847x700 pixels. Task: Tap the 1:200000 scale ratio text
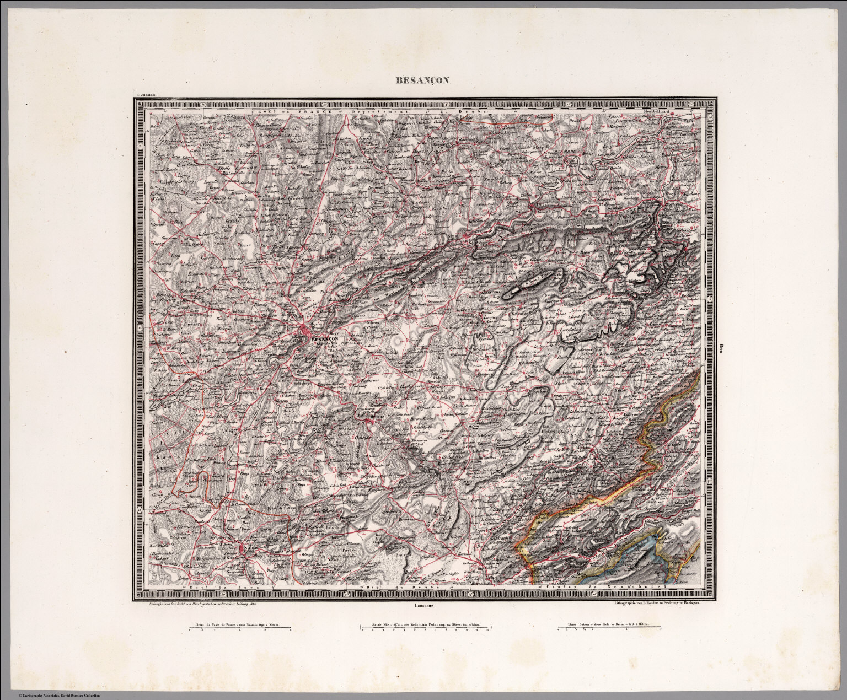click(145, 95)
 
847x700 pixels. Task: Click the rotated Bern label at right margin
click(721, 348)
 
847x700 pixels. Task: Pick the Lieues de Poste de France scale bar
click(240, 627)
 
